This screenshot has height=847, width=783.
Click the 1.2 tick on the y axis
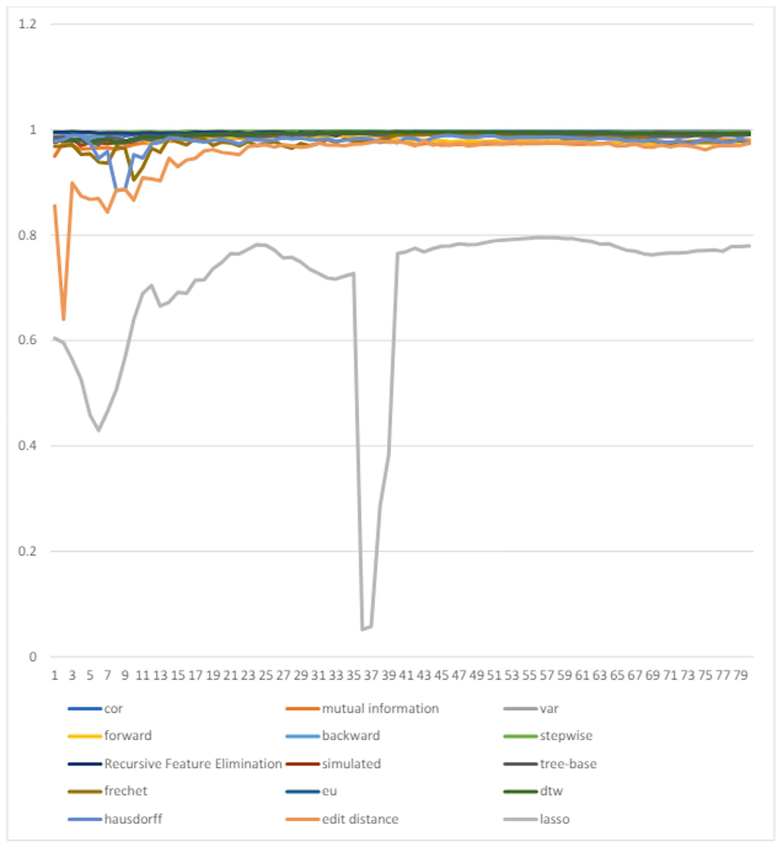28,24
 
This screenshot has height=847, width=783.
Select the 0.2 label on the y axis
28,551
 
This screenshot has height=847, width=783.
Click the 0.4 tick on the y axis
28,446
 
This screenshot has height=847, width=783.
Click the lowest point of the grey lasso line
362,630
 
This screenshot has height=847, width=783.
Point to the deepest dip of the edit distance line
64,319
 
